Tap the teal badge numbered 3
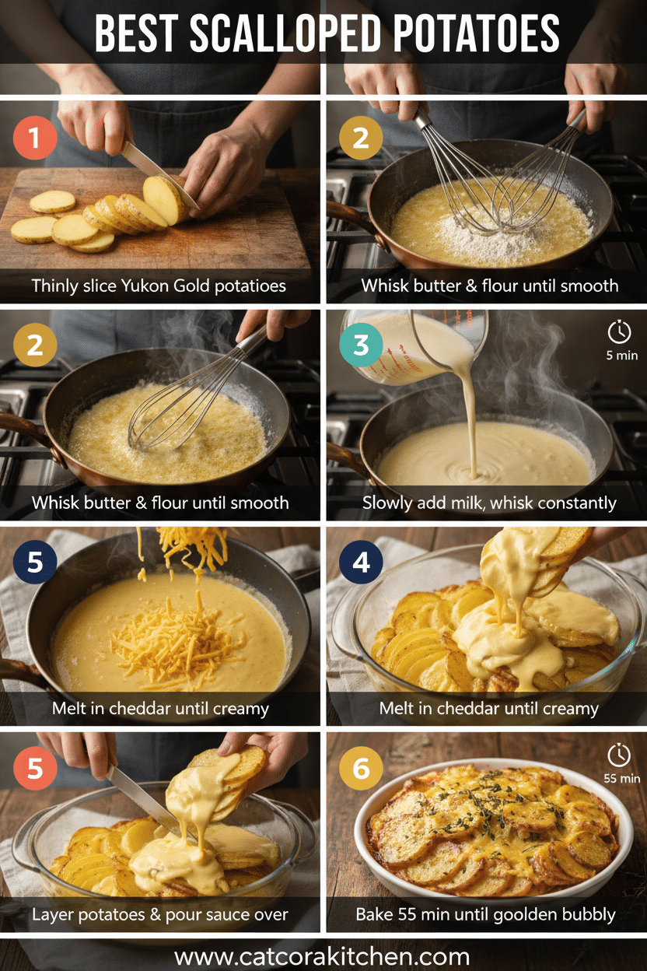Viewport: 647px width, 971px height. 362,345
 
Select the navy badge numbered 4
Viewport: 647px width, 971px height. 362,562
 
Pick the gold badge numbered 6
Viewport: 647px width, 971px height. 362,769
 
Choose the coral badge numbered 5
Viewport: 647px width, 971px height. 35,769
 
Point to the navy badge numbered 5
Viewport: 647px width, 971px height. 35,562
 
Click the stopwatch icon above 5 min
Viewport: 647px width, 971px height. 619,332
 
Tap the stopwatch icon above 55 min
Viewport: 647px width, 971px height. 619,754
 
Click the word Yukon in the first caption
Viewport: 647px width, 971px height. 142,286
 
